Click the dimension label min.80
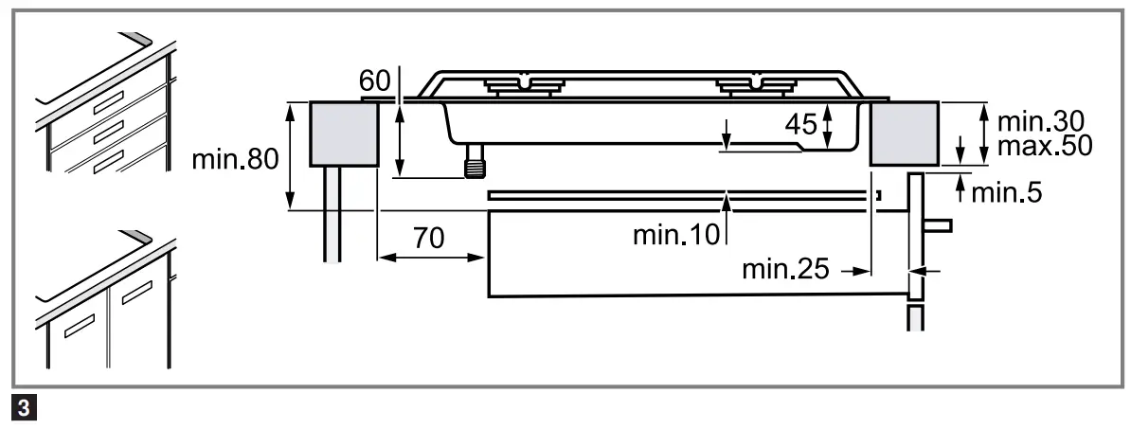tap(235, 159)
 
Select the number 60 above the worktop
tap(375, 80)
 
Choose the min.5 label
tap(1006, 193)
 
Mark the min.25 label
tap(783, 270)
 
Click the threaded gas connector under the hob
tap(474, 165)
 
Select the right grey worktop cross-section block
tap(906, 134)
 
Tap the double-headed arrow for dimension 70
tap(432, 257)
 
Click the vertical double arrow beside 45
tap(827, 126)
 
